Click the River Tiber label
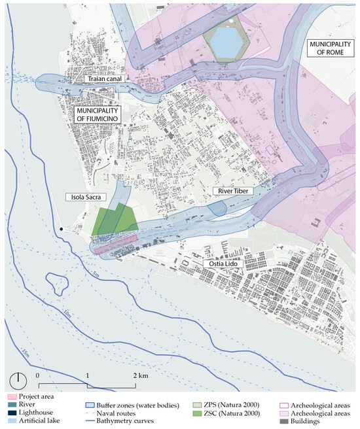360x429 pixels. [x=230, y=192]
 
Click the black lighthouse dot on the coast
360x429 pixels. [x=61, y=229]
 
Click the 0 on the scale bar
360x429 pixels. [x=39, y=377]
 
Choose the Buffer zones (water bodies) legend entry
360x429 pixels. [x=135, y=405]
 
